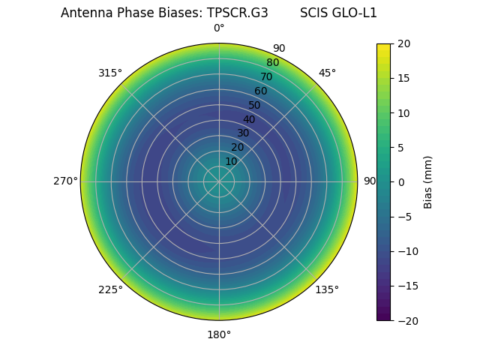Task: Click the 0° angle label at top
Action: point(219,28)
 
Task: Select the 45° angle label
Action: point(327,73)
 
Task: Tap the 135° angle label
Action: point(327,290)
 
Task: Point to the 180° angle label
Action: point(219,334)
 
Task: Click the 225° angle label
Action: point(110,290)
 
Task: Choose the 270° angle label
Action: point(65,181)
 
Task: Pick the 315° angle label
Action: point(110,73)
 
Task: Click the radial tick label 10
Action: point(231,161)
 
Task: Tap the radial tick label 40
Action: point(249,119)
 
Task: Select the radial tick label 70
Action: point(266,76)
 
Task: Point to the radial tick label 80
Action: point(272,62)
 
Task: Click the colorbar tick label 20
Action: point(403,44)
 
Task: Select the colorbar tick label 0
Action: point(400,182)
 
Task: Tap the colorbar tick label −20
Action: point(406,320)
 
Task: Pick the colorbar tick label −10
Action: point(406,251)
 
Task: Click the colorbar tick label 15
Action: point(403,79)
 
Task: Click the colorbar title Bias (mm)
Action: point(428,182)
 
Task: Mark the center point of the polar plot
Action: point(219,181)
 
